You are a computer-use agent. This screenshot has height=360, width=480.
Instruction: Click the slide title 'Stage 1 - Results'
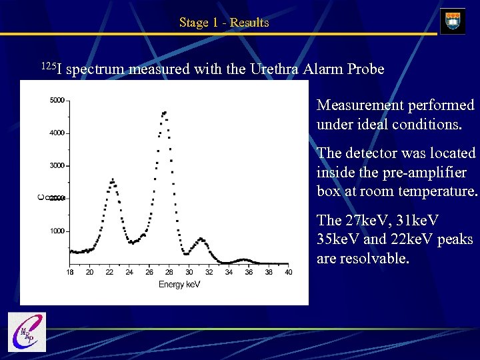point(224,23)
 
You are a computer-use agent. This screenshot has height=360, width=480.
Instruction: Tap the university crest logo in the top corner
point(453,21)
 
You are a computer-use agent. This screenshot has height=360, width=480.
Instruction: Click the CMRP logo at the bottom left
point(27,331)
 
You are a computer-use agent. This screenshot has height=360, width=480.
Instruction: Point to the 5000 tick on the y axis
point(57,101)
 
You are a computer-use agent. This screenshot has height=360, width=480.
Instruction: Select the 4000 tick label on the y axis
point(57,133)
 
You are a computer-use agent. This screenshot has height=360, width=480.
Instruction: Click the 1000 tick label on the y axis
point(57,231)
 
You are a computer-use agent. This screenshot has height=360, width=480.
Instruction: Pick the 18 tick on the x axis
point(70,272)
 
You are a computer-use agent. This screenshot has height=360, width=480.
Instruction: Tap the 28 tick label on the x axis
point(169,272)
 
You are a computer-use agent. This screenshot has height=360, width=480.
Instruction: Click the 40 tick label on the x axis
point(289,272)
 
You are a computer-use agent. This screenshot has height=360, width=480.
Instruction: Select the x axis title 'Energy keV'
point(179,285)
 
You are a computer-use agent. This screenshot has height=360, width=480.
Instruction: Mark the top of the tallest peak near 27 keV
point(164,113)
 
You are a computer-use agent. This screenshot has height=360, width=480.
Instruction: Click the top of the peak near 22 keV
point(112,179)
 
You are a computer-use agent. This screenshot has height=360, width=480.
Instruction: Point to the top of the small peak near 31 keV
point(200,238)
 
